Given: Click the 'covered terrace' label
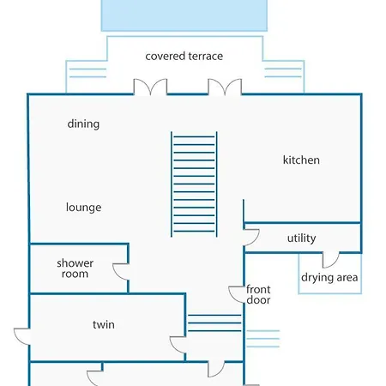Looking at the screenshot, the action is click(x=184, y=56).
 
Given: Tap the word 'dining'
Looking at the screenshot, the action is click(x=83, y=124).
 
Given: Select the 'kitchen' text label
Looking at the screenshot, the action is click(x=301, y=160).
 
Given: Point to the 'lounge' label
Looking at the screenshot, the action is click(x=83, y=208).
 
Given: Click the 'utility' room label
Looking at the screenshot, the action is click(x=302, y=238).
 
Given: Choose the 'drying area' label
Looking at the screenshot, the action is click(x=329, y=277).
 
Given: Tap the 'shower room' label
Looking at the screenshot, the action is click(x=75, y=268).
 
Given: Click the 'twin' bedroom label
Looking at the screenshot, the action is click(x=104, y=324).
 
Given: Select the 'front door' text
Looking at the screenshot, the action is click(x=258, y=295).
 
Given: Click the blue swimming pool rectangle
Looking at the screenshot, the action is click(x=184, y=15).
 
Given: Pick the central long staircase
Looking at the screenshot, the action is click(x=194, y=184).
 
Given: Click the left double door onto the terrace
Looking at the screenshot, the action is click(x=150, y=86).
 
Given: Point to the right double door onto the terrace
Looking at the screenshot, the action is click(x=225, y=86).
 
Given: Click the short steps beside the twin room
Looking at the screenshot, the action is click(x=214, y=323).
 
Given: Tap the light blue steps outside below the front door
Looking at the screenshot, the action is click(x=263, y=339).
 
